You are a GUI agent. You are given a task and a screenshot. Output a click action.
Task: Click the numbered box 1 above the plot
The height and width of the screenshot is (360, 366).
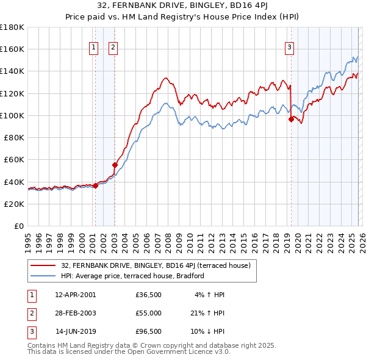click(94, 48)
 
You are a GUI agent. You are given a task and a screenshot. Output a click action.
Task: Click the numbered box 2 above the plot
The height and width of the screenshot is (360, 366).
click(114, 48)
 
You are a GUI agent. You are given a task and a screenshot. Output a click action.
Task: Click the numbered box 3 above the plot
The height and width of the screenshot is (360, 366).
click(289, 48)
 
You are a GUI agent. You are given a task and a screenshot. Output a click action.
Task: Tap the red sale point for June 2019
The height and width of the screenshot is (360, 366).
click(291, 120)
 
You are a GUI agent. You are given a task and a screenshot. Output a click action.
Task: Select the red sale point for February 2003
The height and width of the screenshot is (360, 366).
click(115, 165)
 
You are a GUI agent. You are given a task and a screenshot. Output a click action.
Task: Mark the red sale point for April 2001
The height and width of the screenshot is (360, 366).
click(95, 185)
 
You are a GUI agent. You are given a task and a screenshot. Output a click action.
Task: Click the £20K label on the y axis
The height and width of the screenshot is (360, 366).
click(14, 204)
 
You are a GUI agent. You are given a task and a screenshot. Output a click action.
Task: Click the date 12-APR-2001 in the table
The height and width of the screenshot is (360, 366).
click(75, 295)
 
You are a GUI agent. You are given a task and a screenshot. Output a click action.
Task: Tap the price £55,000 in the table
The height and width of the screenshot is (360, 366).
click(149, 313)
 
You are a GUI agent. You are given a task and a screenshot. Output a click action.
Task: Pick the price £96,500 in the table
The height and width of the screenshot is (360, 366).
click(149, 331)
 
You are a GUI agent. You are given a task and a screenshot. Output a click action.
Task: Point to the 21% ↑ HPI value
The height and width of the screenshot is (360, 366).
click(209, 313)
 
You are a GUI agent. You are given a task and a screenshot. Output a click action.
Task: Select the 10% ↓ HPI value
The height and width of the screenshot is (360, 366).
click(209, 331)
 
